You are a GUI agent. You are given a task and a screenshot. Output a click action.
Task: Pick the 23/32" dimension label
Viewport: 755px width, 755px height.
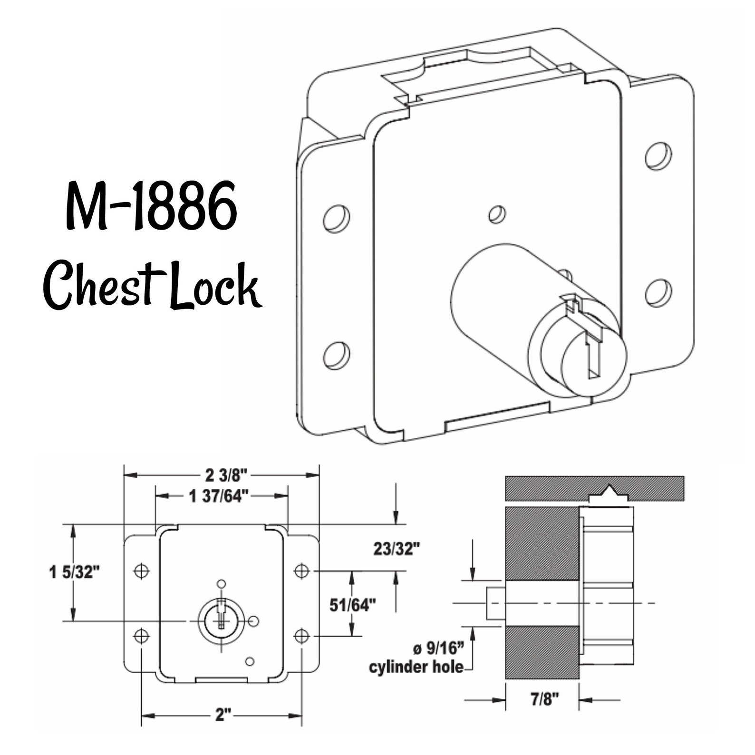coord(397,549)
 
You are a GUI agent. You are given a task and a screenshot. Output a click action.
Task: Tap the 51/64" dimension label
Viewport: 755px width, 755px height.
coord(353,605)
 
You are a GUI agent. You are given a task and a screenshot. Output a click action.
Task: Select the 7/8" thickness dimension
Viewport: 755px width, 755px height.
coord(542,699)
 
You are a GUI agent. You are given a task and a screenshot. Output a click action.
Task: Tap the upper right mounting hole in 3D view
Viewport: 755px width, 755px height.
coord(658,155)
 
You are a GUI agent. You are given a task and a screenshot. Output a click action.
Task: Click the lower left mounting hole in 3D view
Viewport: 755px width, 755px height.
coord(336,354)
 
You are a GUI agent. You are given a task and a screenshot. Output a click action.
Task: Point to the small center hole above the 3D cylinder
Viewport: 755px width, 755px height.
coord(497,214)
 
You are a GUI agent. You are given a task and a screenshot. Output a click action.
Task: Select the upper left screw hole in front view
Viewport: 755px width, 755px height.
coord(141,571)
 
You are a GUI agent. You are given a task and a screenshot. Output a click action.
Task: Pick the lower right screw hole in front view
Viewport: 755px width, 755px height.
coord(302,635)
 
